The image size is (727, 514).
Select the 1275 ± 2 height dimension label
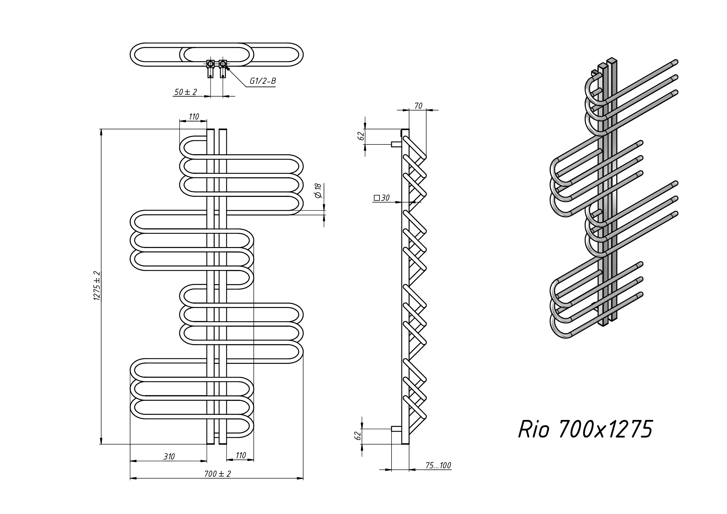click(x=97, y=286)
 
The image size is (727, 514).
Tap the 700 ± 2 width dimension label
click(x=217, y=474)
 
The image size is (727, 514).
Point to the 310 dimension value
click(x=169, y=456)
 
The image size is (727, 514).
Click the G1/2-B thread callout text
click(x=263, y=81)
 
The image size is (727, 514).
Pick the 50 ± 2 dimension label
click(x=185, y=92)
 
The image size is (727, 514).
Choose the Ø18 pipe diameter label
click(x=318, y=191)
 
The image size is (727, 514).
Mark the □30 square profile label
click(x=382, y=198)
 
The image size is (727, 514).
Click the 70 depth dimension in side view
click(x=418, y=106)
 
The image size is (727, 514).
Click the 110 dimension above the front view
click(x=194, y=117)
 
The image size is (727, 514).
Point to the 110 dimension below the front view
click(x=241, y=455)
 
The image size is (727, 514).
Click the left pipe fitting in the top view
click(x=211, y=64)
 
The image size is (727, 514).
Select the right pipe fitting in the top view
click(x=223, y=64)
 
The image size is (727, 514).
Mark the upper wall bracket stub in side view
click(x=396, y=144)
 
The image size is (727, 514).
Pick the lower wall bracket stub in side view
click(x=396, y=429)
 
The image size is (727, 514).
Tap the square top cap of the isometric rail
click(x=612, y=60)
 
